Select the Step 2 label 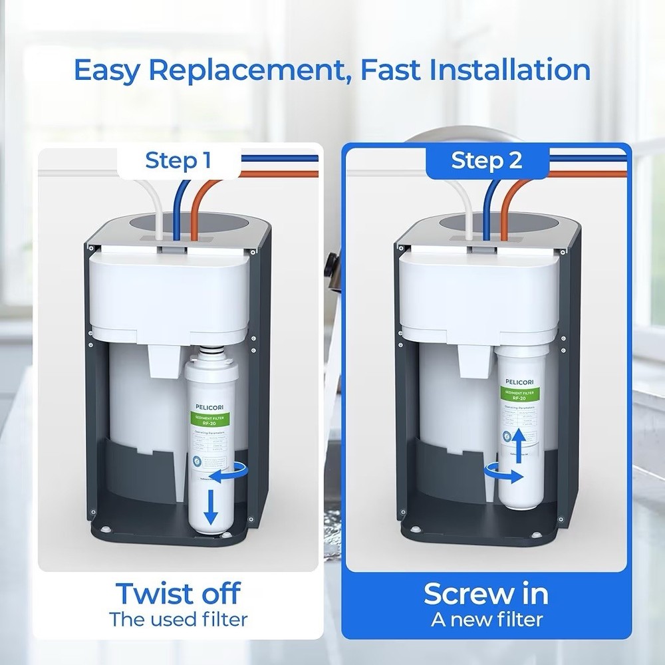coord(487,161)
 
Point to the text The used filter coord(178,620)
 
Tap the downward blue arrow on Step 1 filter coord(211,508)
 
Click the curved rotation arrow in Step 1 coord(229,474)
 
